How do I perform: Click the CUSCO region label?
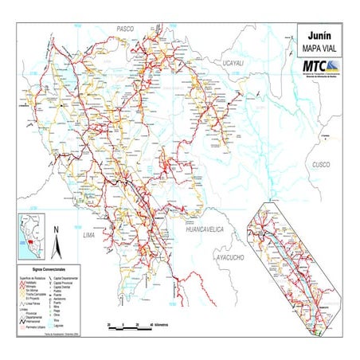click(320, 164)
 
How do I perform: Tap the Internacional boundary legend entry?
click(35, 322)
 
